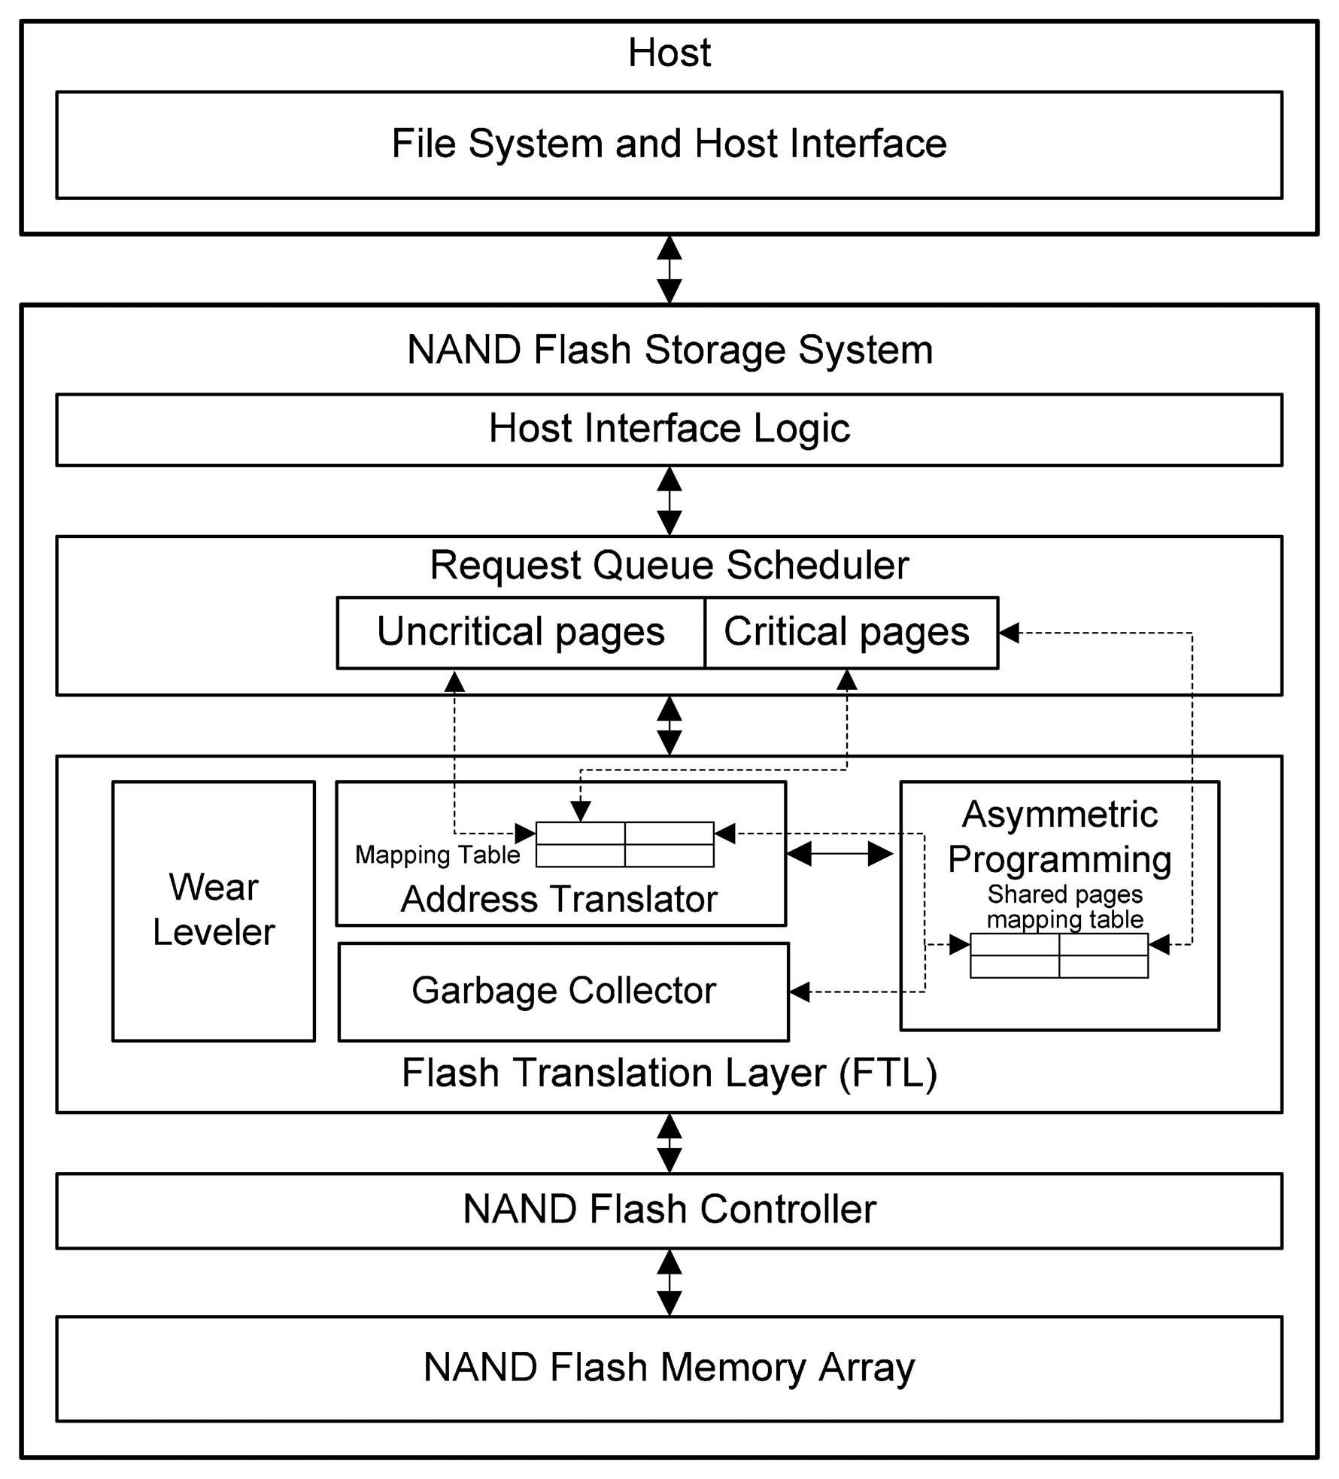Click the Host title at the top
coord(669,53)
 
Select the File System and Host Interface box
coord(669,144)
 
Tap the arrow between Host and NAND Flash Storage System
coord(669,269)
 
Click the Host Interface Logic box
coord(669,429)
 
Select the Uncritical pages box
coord(521,632)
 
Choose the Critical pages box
coord(847,632)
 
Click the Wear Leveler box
coord(214,910)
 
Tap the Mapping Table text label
coord(437,855)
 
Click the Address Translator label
coord(559,899)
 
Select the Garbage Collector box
coord(563,991)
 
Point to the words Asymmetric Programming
coord(1059,837)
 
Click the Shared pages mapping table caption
coord(1064,907)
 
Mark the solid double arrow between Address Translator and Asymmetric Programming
coord(840,853)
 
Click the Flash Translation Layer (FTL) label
coord(669,1072)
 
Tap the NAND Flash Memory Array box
coord(669,1367)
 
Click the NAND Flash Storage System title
coord(669,350)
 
